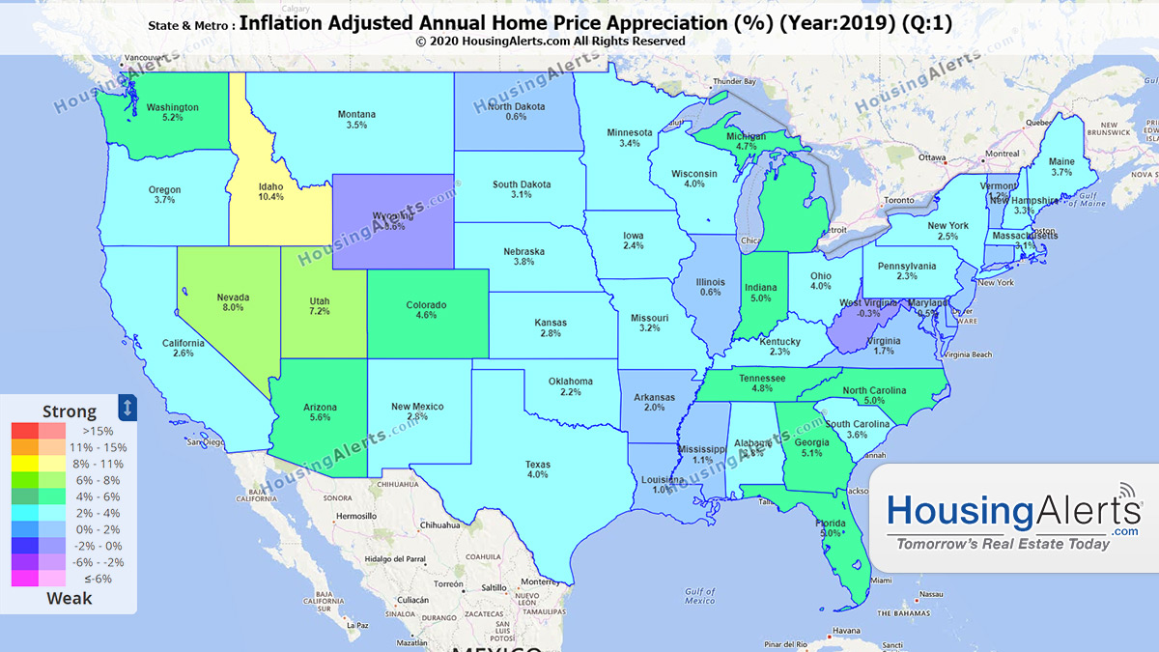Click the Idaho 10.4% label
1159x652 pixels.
point(270,190)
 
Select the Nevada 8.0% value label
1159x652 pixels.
point(233,302)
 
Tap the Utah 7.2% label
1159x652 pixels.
point(319,306)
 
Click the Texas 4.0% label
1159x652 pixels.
point(537,468)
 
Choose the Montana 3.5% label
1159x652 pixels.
point(356,120)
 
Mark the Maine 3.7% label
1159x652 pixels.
point(1060,167)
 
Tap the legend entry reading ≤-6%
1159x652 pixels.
point(98,579)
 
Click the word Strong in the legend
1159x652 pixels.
point(70,411)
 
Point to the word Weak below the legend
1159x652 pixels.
point(70,598)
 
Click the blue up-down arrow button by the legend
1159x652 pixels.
point(127,407)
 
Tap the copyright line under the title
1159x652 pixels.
point(551,42)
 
